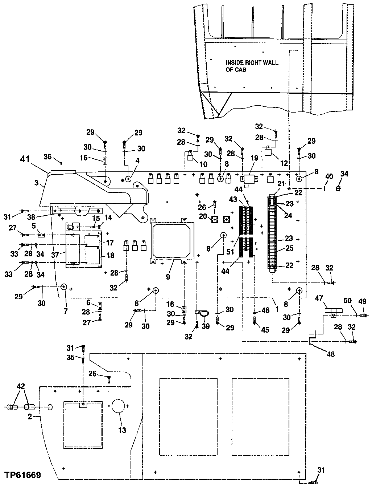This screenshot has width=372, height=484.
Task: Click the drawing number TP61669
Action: click(x=22, y=475)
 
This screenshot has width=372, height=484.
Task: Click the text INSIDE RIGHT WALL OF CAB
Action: click(x=252, y=66)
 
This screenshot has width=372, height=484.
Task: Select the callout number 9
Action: click(x=168, y=277)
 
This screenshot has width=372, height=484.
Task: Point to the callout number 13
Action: click(x=122, y=430)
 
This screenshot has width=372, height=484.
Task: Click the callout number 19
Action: click(x=254, y=158)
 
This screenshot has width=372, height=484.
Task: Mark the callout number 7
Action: click(x=66, y=301)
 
